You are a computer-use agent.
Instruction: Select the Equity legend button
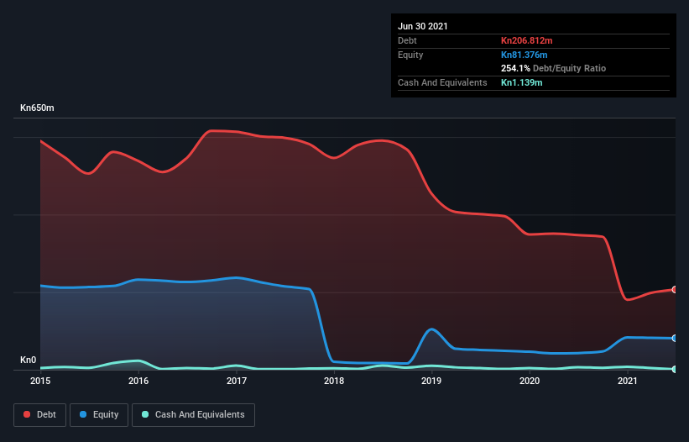tap(99, 414)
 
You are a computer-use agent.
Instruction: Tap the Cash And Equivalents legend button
tap(193, 414)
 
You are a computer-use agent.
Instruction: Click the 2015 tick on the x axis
tap(40, 381)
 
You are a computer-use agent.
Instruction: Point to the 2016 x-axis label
tap(138, 381)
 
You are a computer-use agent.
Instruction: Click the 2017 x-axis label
tap(237, 381)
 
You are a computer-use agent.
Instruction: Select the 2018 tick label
tap(334, 381)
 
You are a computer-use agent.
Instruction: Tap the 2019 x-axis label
tap(432, 381)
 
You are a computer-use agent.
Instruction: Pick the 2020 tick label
tap(530, 381)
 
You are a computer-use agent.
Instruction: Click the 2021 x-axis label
tap(628, 381)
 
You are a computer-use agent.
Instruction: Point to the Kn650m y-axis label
tap(38, 108)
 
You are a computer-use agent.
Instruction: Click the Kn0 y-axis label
tap(29, 360)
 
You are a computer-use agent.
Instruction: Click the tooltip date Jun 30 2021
tap(423, 26)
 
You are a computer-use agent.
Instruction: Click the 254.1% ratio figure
tap(515, 68)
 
